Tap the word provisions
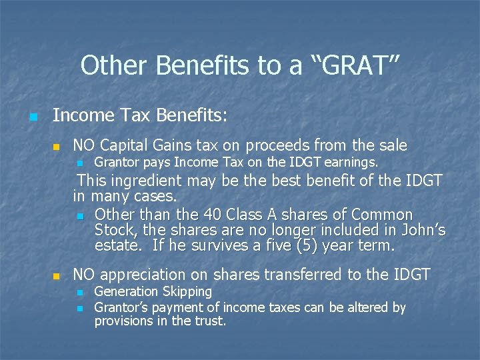[123, 321]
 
